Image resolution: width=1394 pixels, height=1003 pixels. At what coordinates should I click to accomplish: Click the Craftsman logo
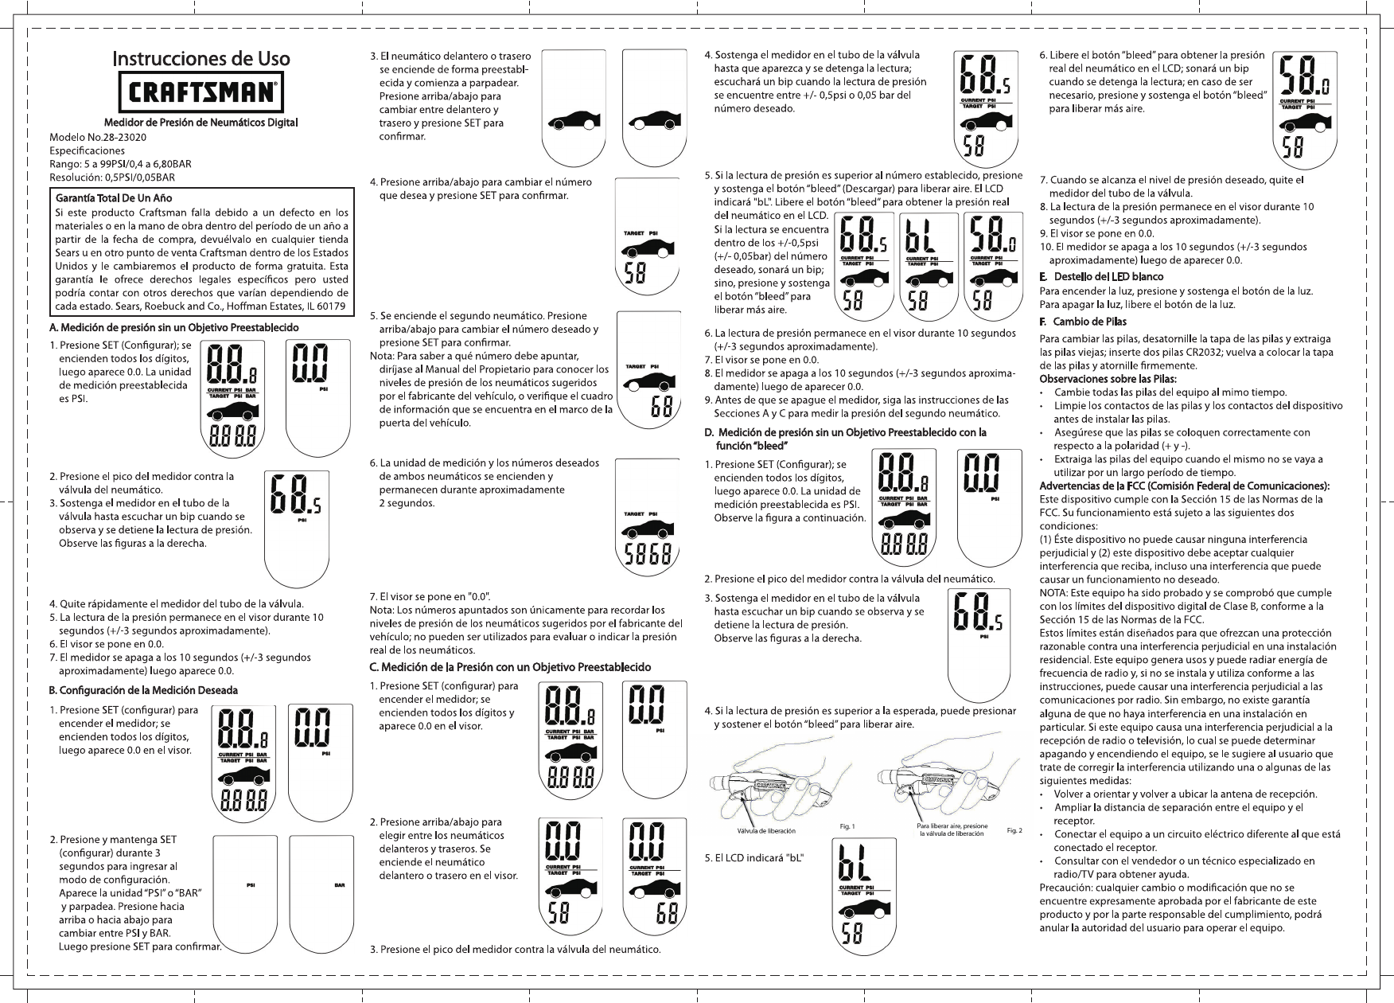201,93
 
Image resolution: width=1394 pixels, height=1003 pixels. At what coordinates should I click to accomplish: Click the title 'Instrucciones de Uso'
201,58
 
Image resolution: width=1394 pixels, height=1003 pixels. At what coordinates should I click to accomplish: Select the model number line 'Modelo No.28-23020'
98,137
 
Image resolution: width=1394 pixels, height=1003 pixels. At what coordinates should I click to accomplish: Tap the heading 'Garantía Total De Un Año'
114,197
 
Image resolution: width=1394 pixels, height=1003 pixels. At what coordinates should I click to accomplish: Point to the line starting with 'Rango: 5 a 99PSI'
120,164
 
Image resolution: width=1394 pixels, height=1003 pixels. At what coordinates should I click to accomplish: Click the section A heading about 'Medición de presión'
174,328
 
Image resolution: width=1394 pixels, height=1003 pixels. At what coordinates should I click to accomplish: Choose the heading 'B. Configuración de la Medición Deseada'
143,690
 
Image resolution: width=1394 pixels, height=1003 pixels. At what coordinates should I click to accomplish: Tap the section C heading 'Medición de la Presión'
509,666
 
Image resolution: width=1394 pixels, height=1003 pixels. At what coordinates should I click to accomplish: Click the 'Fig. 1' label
847,826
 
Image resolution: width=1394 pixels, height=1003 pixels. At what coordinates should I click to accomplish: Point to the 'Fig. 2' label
1014,831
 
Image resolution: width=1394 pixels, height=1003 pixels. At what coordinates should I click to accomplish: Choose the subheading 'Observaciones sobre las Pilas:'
1108,378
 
